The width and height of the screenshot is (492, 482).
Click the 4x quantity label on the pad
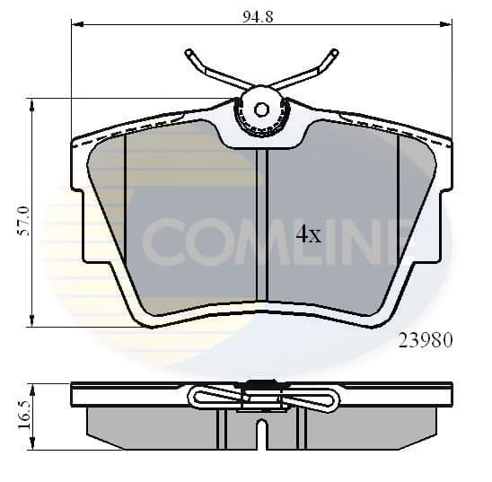pyautogui.click(x=308, y=235)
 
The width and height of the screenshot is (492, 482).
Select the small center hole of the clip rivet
pyautogui.click(x=261, y=110)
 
